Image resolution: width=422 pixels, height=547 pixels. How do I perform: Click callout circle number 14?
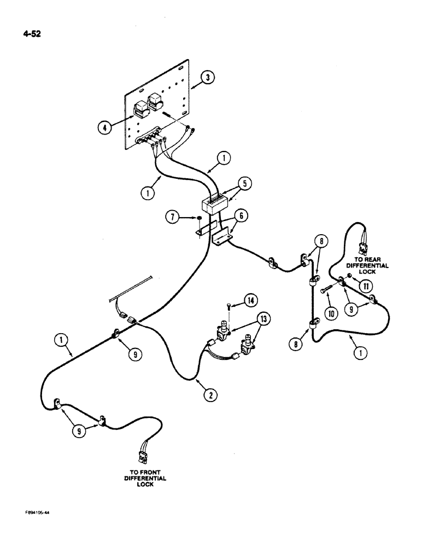(x=250, y=299)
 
